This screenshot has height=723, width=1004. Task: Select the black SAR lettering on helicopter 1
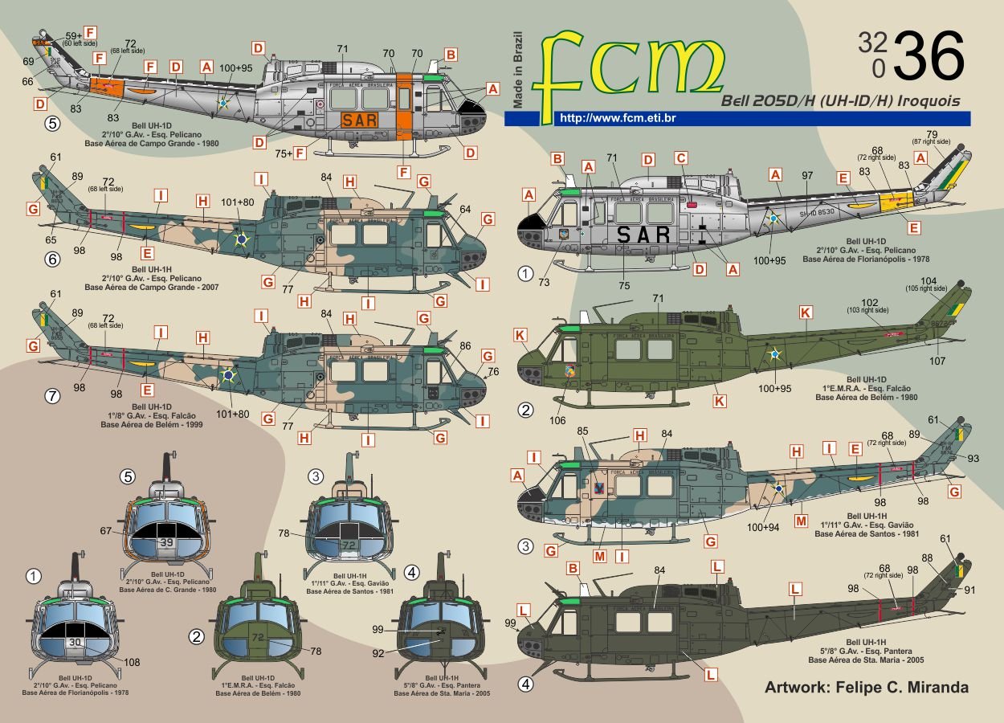643,235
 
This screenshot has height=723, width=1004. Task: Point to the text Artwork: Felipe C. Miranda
866,687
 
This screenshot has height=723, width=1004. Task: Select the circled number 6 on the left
52,259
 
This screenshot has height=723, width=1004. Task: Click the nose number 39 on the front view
165,543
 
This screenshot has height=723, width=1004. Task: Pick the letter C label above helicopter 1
681,158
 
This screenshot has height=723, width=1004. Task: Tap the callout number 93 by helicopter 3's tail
973,459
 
